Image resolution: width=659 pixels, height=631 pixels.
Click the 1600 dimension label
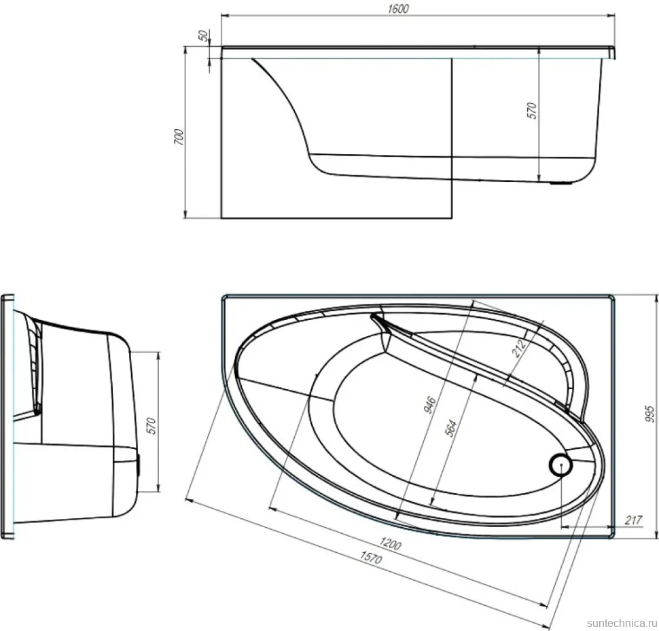(x=398, y=9)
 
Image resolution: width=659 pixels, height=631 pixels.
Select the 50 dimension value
(x=203, y=36)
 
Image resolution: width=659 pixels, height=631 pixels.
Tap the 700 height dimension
(x=179, y=137)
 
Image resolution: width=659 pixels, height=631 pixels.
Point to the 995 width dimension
(x=649, y=414)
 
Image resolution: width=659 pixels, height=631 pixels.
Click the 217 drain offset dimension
(x=633, y=520)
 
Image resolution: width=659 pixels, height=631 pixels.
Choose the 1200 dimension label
(x=390, y=543)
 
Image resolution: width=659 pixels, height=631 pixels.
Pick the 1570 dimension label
(x=371, y=557)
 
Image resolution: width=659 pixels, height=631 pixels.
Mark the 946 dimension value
(x=429, y=405)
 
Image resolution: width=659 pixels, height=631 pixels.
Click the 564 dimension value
(x=450, y=428)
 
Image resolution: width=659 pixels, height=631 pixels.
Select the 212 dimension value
(x=518, y=348)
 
